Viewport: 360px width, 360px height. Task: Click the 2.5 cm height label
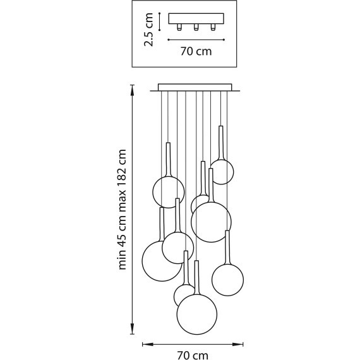148,30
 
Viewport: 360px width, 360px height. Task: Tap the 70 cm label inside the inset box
196,51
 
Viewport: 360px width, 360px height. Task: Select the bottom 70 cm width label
193,355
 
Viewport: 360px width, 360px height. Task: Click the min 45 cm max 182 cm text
122,209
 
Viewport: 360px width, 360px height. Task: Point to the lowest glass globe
197,314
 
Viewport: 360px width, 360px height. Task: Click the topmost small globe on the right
222,172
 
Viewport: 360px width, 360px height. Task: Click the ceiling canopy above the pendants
195,87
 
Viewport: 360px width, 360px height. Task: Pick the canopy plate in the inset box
196,18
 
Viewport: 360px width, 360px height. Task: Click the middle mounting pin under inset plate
196,27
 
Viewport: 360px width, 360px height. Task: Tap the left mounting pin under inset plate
179,27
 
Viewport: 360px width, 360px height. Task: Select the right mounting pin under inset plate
213,27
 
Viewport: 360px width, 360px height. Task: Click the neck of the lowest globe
197,277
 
